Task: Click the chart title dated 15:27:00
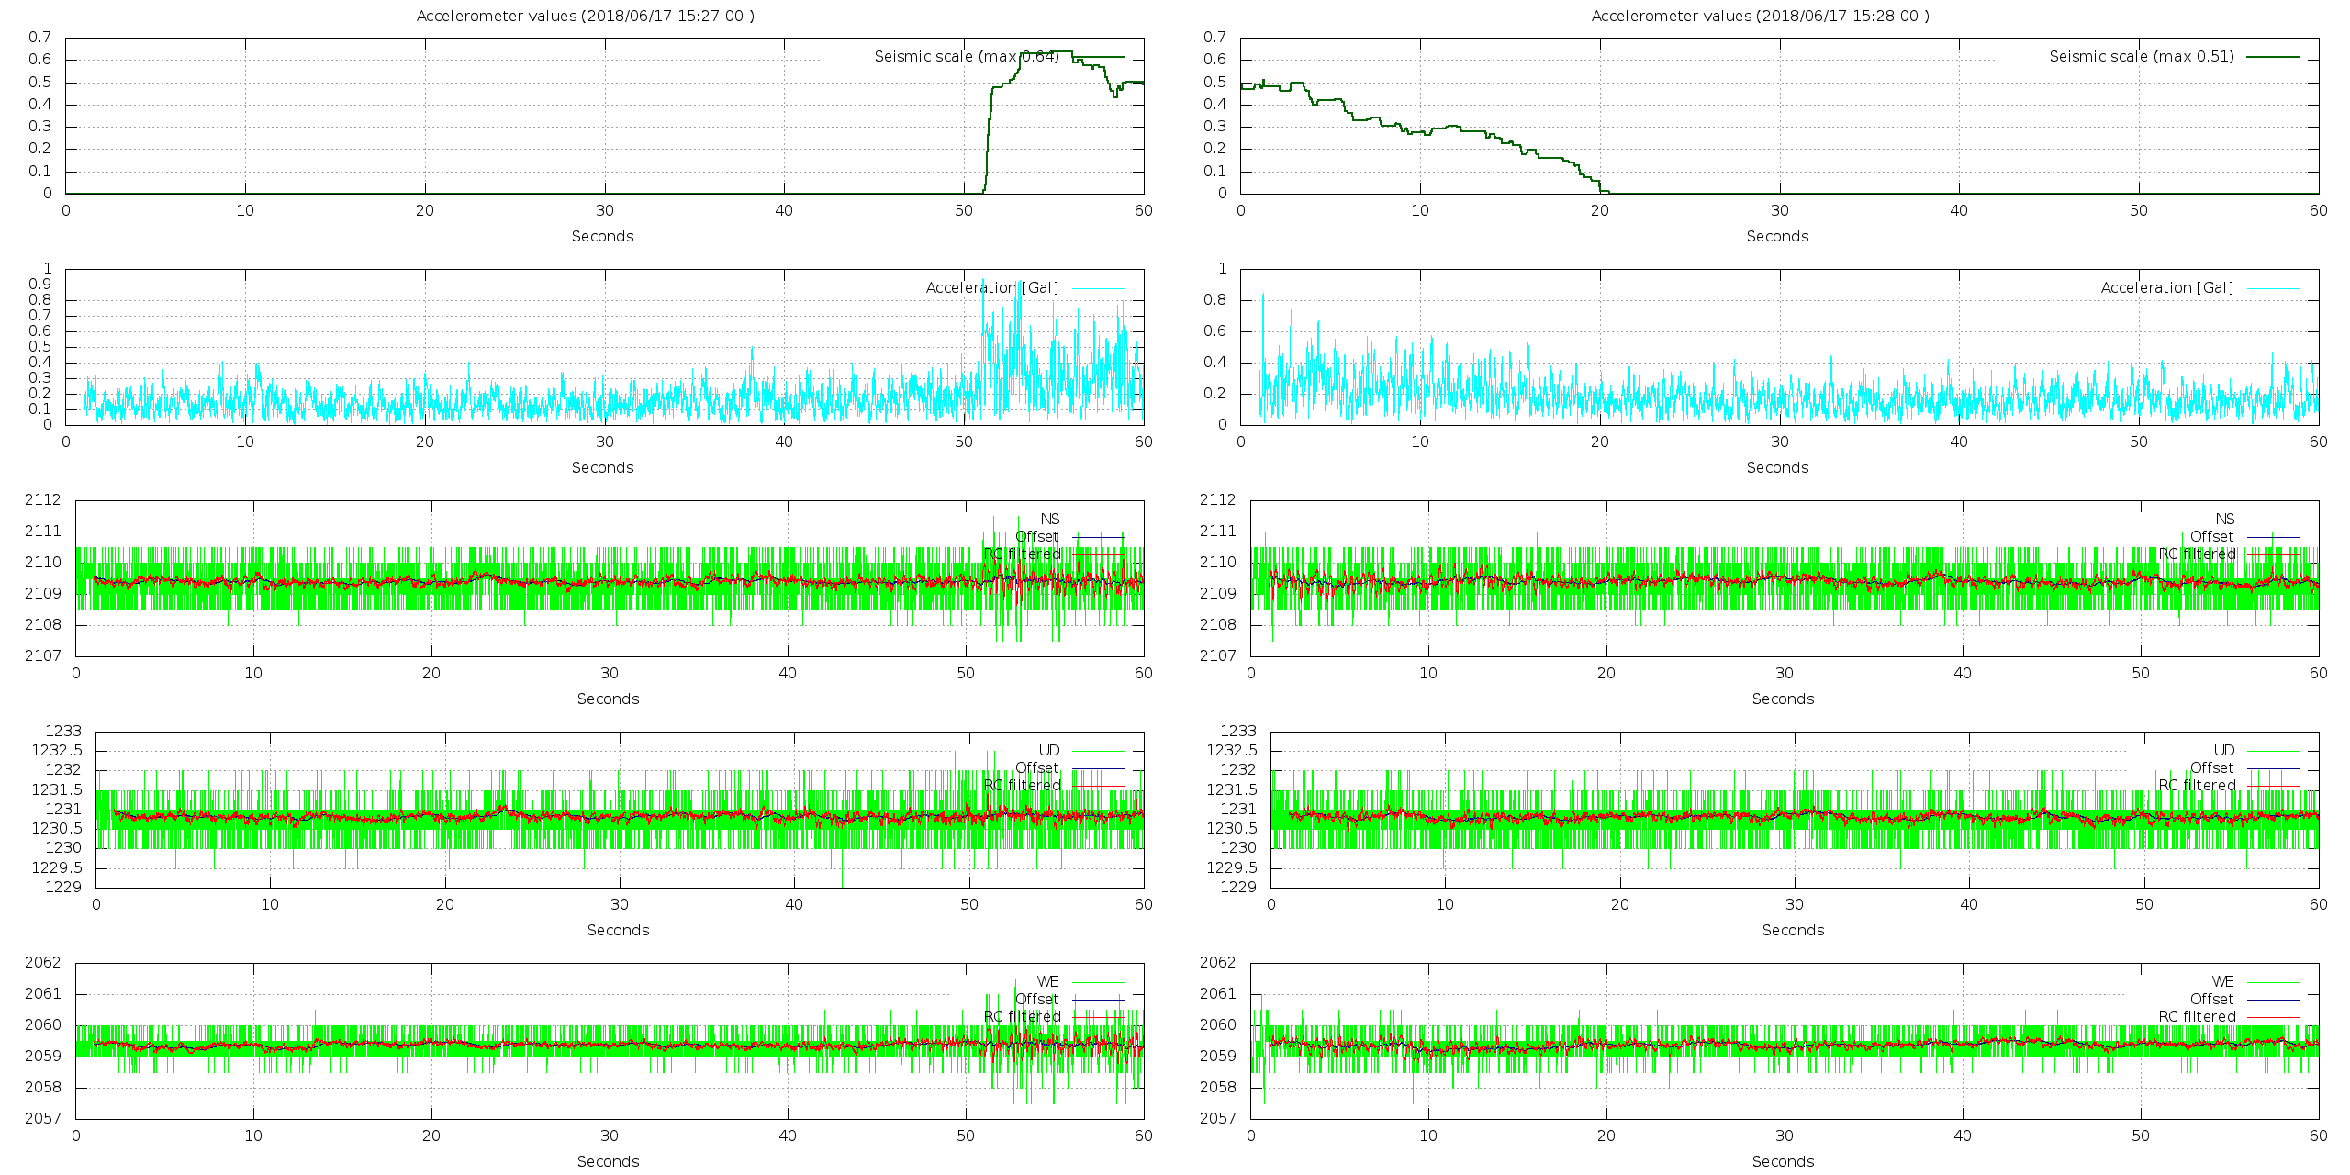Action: (585, 16)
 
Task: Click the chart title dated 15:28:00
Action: (1760, 16)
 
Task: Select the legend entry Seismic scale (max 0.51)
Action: (2142, 56)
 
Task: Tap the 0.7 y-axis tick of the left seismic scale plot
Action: (39, 38)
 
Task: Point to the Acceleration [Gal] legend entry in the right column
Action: (2166, 287)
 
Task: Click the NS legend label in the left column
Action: (1049, 519)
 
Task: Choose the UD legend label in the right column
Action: (2223, 750)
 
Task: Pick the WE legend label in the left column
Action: (1047, 981)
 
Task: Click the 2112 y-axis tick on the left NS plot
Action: (43, 500)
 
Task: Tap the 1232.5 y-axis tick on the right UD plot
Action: (1231, 750)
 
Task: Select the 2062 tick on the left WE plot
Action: (43, 963)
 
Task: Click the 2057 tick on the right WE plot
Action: (1218, 1118)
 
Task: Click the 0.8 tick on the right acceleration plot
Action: (1215, 300)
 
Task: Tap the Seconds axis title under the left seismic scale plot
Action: (602, 236)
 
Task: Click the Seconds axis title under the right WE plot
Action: (1783, 1161)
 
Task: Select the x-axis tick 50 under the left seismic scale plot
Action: (963, 210)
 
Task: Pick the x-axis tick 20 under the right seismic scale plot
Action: (1600, 210)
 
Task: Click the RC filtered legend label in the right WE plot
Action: (2197, 1016)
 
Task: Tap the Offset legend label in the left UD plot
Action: (1036, 767)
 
